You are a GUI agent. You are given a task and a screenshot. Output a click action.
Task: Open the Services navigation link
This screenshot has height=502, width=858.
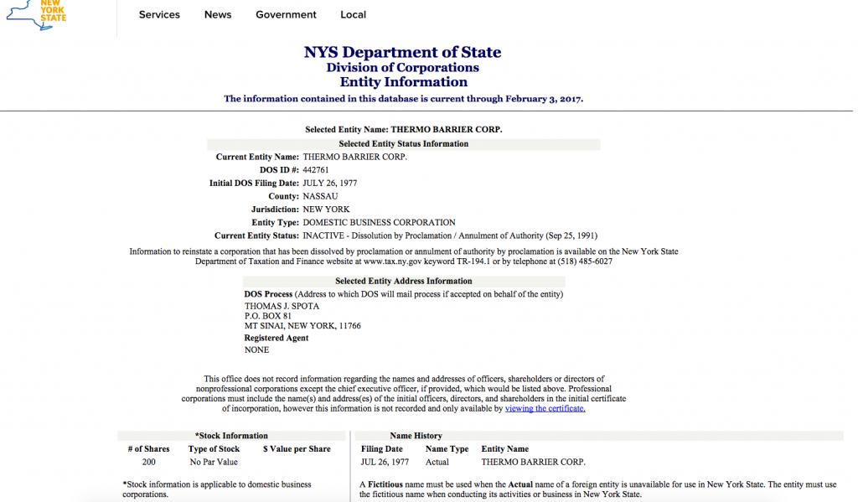tap(159, 14)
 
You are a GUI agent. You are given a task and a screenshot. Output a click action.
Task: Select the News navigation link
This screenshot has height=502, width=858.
tap(218, 14)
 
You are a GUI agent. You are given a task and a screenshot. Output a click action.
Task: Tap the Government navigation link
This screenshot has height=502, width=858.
tap(286, 14)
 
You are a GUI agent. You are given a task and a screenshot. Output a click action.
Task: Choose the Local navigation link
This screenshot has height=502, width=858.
tap(353, 14)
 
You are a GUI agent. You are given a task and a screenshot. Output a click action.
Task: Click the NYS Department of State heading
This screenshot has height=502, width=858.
tap(403, 53)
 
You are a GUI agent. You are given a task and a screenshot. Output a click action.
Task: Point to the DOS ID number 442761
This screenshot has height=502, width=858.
tap(316, 170)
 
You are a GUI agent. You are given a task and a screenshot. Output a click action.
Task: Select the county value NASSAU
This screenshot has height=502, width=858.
tap(320, 196)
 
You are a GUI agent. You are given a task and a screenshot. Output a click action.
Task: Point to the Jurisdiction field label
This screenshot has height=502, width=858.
tap(275, 210)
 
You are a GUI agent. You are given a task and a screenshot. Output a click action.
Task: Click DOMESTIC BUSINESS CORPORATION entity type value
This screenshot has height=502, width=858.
tap(379, 223)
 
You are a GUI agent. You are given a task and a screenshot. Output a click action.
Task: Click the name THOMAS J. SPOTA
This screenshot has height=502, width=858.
tap(282, 306)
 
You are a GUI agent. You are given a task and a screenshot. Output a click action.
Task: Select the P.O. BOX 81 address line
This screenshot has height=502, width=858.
tap(268, 316)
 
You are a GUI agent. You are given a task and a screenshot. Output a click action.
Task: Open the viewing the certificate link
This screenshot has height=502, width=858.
tap(545, 409)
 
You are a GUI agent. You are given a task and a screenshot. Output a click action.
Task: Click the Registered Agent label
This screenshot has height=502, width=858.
tap(276, 339)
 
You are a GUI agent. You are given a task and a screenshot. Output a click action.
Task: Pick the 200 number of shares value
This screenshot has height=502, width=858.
tap(148, 462)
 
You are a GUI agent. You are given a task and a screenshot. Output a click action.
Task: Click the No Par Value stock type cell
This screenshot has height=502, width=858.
tap(214, 462)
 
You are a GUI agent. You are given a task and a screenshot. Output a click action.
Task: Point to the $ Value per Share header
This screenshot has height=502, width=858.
tap(297, 449)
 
